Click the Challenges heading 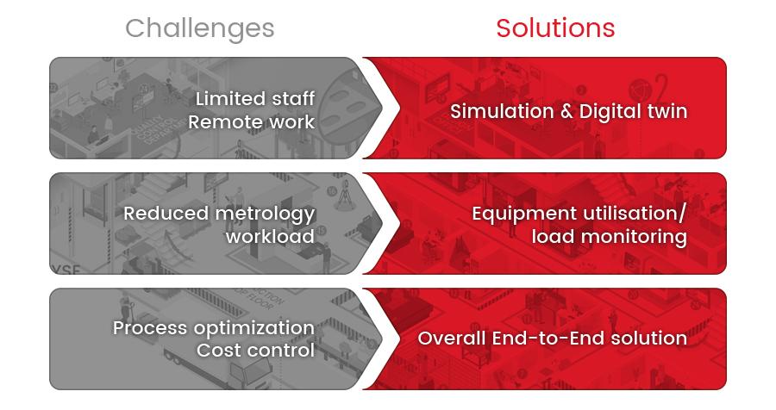click(x=199, y=29)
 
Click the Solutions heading click(x=555, y=28)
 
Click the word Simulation click(x=502, y=111)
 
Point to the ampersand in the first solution click(x=566, y=111)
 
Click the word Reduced click(x=166, y=213)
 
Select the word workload click(x=270, y=236)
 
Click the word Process click(x=150, y=328)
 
